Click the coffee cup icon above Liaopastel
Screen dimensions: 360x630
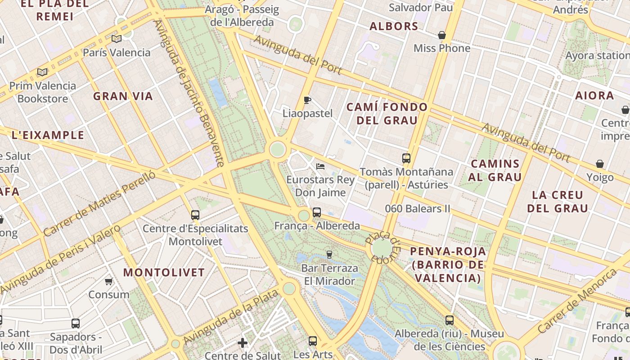(307, 100)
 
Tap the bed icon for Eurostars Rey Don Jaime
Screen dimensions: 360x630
(320, 166)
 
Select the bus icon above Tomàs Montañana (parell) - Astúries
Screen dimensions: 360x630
(406, 158)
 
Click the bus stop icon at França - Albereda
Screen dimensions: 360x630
(317, 212)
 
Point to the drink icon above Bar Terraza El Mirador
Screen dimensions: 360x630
(329, 255)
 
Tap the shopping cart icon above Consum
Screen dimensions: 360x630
(108, 282)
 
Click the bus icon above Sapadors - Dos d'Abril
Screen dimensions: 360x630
(76, 324)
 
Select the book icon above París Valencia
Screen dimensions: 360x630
(117, 39)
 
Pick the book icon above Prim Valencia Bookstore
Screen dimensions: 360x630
(42, 72)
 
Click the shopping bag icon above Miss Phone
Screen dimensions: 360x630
(442, 35)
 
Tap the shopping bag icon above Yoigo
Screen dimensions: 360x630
(600, 164)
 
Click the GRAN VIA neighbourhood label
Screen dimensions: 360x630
(123, 96)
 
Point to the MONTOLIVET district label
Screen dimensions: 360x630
(164, 272)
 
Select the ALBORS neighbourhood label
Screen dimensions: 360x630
(394, 27)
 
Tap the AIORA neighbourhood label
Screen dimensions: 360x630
(594, 95)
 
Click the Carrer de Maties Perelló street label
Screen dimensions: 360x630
(99, 204)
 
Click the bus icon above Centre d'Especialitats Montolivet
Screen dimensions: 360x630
(195, 215)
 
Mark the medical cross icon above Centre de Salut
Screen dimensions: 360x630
(243, 343)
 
